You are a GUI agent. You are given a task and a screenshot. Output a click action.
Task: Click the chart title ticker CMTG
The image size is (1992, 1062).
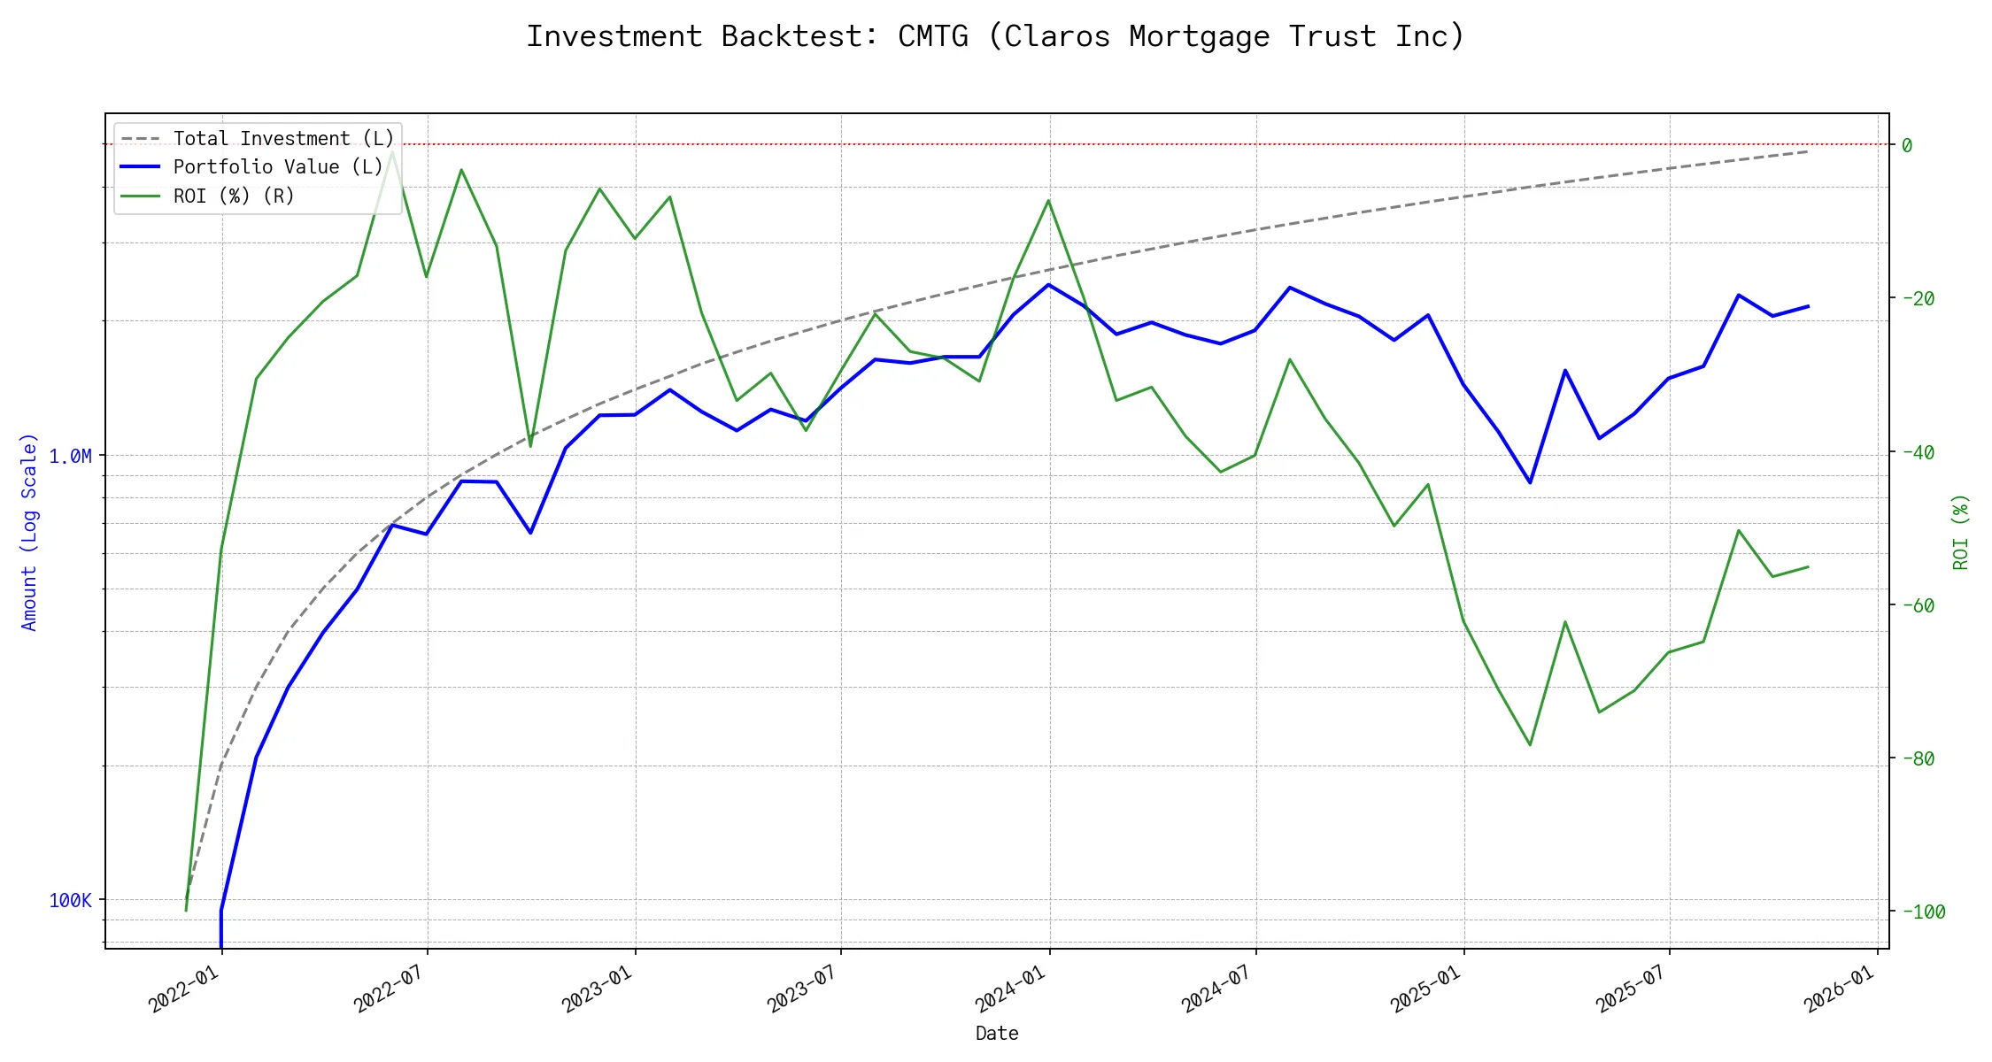pyautogui.click(x=932, y=37)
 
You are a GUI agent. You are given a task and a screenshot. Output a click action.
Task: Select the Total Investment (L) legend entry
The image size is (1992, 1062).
pyautogui.click(x=282, y=139)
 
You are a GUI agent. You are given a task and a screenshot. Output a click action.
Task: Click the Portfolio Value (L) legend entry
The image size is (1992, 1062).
pyautogui.click(x=277, y=167)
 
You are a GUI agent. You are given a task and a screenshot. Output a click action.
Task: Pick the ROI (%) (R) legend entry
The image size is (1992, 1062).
pyautogui.click(x=233, y=196)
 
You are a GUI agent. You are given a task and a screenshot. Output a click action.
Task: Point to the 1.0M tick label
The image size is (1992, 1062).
pyautogui.click(x=70, y=457)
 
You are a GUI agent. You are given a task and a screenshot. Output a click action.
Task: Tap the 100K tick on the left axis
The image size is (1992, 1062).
pyautogui.click(x=70, y=901)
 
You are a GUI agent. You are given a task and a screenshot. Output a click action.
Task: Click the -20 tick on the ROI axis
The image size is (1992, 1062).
pyautogui.click(x=1918, y=298)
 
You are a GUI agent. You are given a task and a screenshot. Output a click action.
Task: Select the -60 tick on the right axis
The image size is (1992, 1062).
pyautogui.click(x=1918, y=605)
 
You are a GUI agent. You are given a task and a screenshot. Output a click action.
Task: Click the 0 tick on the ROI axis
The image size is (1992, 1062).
pyautogui.click(x=1907, y=145)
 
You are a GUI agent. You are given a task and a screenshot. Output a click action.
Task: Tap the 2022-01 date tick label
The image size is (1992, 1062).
pyautogui.click(x=184, y=988)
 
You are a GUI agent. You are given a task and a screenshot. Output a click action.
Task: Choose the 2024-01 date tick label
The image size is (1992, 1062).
pyautogui.click(x=1011, y=988)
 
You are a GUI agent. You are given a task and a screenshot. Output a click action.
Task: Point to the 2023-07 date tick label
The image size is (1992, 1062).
pyautogui.click(x=803, y=988)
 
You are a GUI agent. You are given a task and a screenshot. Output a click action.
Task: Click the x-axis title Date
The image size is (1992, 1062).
pyautogui.click(x=997, y=1034)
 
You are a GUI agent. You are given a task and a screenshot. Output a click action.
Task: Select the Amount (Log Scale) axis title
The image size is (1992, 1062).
pyautogui.click(x=29, y=531)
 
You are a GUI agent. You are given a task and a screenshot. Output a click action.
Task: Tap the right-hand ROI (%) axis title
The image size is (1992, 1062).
pyautogui.click(x=1961, y=531)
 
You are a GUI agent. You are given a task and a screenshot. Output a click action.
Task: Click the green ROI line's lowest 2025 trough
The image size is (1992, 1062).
pyautogui.click(x=1530, y=744)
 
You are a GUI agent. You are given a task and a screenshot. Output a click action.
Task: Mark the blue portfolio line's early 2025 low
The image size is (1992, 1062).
pyautogui.click(x=1530, y=482)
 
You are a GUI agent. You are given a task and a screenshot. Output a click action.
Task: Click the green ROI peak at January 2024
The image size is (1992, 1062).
pyautogui.click(x=1049, y=200)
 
